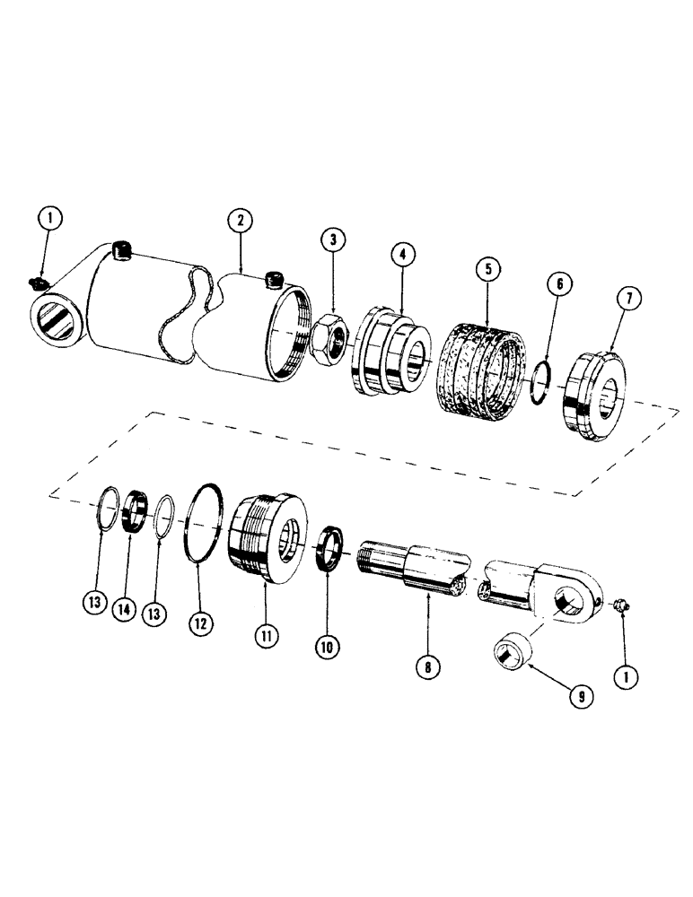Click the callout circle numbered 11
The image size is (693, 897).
click(267, 635)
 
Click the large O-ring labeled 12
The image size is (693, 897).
click(206, 523)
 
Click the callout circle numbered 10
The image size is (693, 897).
click(327, 644)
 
